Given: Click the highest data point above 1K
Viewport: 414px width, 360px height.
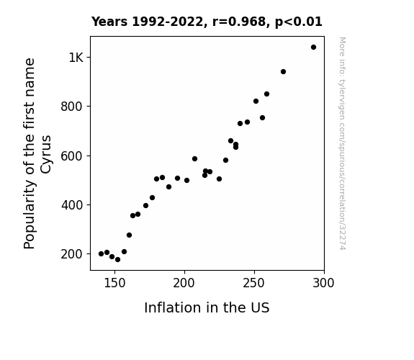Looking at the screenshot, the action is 313,48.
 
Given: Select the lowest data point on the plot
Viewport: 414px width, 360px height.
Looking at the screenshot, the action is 118,260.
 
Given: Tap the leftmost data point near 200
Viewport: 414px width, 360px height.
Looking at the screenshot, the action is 101,254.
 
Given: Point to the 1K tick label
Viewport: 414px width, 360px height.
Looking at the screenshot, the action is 76,58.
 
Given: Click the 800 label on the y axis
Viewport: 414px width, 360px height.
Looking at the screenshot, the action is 72,107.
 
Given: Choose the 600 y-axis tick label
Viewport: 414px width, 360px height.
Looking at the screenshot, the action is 72,156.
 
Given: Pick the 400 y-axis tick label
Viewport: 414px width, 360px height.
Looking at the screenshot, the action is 72,205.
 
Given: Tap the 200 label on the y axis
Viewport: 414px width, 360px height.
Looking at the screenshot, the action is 72,254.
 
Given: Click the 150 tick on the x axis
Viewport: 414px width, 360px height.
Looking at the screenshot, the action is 114,283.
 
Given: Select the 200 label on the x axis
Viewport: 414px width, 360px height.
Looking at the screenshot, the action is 184,283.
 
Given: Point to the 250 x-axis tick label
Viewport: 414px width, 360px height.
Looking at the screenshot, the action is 254,283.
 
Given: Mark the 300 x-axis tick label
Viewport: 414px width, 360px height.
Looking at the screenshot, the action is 324,283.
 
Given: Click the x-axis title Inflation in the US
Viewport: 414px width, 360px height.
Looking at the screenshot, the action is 207,307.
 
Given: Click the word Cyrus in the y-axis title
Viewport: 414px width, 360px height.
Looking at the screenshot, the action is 46,155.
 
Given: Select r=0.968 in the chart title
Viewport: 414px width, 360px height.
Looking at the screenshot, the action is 240,22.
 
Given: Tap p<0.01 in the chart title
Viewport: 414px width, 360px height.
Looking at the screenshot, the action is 299,22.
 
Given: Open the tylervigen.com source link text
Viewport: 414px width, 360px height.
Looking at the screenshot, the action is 342,143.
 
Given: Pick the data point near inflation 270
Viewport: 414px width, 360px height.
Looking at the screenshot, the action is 283,71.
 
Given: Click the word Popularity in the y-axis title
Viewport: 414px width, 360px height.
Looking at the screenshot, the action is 29,214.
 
